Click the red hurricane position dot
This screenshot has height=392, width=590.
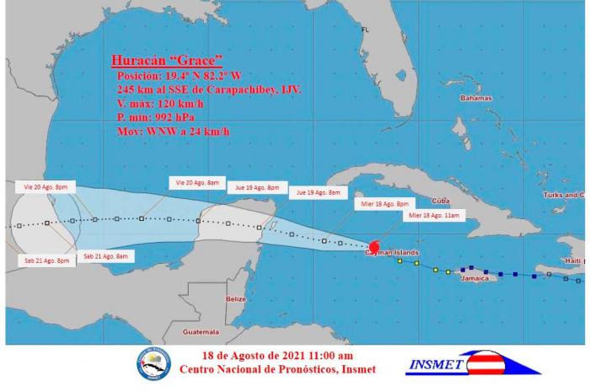[375, 248]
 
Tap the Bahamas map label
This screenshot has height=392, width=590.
[475, 99]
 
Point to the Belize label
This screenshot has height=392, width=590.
[236, 299]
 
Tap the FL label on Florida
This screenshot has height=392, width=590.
[365, 30]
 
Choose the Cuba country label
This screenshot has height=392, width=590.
[439, 201]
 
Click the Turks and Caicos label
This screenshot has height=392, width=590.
[564, 195]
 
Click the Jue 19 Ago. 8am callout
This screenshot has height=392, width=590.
[318, 192]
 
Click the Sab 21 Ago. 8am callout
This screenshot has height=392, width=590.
[106, 255]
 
